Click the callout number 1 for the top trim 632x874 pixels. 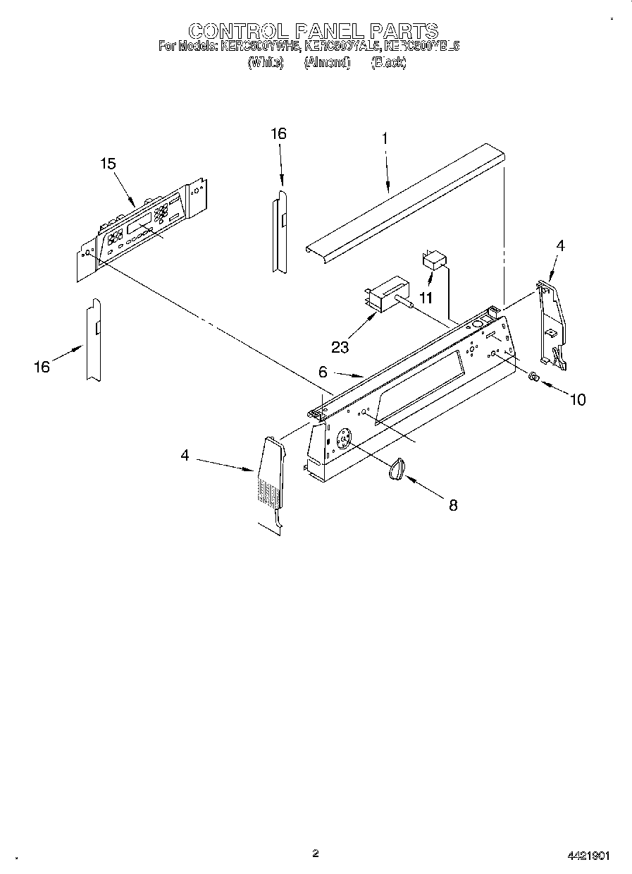[385, 139]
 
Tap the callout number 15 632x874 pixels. [108, 164]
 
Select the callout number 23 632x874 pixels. [341, 346]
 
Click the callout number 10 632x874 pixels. [577, 400]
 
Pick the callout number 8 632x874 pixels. [453, 505]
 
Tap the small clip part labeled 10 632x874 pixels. [534, 377]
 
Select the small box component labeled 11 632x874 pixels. [434, 261]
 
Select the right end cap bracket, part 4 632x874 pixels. [552, 321]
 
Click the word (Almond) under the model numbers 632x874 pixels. [326, 62]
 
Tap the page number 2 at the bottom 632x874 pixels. [316, 854]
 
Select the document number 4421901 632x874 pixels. [588, 856]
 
